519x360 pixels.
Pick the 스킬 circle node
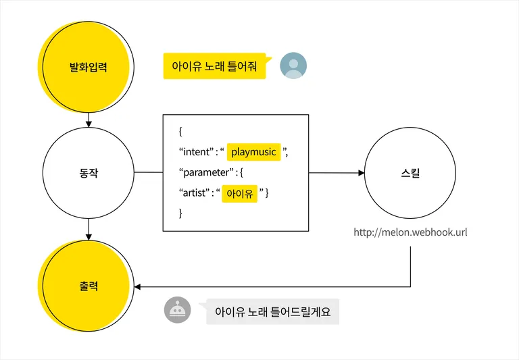[x=410, y=173]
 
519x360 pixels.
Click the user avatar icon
[x=293, y=66]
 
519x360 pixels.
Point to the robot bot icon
[x=178, y=310]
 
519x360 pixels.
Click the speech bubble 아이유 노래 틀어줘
[x=214, y=67]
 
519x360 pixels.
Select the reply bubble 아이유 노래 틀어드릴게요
[x=272, y=312]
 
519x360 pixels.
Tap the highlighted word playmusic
[x=253, y=152]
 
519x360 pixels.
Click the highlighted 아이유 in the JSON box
[x=240, y=194]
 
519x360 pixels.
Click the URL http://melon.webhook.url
[x=410, y=233]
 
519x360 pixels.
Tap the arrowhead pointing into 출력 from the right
[x=138, y=287]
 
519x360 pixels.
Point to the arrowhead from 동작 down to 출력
[x=89, y=236]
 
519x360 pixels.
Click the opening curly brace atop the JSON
[x=181, y=131]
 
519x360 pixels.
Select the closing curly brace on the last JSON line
[x=181, y=213]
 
